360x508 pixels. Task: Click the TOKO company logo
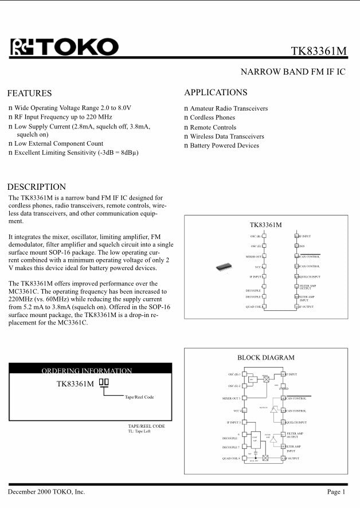coord(64,47)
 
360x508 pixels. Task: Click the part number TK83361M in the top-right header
coord(319,51)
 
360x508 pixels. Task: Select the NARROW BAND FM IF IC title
coord(293,72)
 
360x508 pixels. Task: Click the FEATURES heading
coord(29,93)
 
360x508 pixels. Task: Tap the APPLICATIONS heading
coord(216,92)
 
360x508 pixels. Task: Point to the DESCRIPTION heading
coord(36,187)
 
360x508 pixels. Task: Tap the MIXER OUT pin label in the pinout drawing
coord(254,257)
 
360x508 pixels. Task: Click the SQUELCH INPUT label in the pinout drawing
coord(310,277)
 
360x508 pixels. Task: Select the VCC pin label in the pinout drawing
coord(258,267)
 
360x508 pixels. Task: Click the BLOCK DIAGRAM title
coord(265,358)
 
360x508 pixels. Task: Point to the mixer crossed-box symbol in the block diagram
coord(266,379)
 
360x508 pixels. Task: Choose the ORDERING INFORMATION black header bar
coord(90,370)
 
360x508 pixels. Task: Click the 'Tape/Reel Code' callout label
coord(139,397)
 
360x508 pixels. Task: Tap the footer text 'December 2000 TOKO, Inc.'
coord(46,492)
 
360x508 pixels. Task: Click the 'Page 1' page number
coord(336,492)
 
